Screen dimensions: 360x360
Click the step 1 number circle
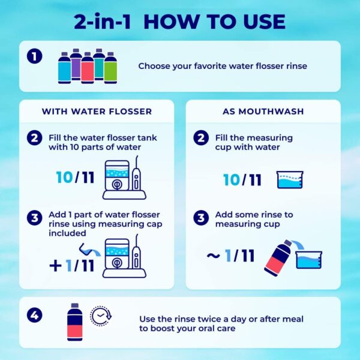coord(36,57)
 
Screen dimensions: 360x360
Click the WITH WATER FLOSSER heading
coord(97,112)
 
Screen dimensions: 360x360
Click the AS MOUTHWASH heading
coord(263,112)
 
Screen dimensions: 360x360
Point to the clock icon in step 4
coord(101,316)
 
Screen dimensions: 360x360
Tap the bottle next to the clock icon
coord(75,322)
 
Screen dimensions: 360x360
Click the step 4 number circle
coord(36,314)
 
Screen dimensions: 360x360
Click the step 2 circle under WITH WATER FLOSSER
coord(36,138)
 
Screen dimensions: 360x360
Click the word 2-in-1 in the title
coord(104,22)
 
